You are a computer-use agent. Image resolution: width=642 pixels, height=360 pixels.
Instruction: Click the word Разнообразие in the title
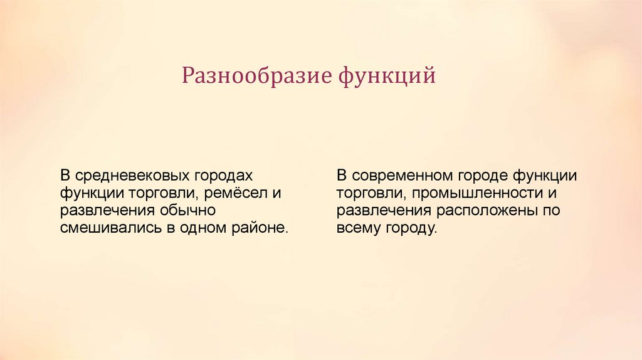point(256,76)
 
